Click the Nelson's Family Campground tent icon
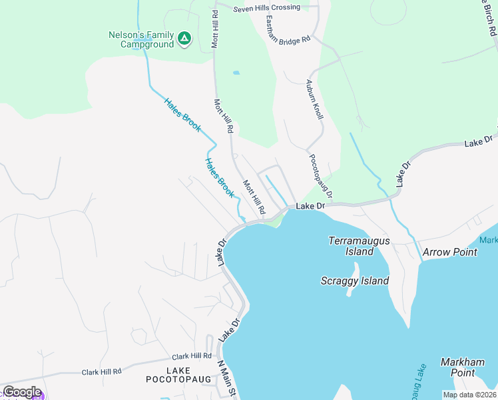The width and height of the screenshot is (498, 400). point(184,39)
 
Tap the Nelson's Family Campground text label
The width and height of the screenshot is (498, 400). point(141,39)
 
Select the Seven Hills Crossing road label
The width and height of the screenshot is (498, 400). point(266,8)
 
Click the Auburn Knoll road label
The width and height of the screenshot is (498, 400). point(314,100)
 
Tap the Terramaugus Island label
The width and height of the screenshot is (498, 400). point(360,246)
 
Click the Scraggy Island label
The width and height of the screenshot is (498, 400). point(354,281)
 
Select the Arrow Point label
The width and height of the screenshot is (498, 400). point(450,252)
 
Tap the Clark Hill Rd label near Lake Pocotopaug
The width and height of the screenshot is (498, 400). point(191,357)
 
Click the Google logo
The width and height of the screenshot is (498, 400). point(21,392)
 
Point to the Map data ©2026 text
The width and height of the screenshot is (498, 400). point(469,395)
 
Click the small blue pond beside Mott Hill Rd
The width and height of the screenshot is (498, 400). point(236,72)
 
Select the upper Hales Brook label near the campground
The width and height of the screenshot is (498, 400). point(182,115)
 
